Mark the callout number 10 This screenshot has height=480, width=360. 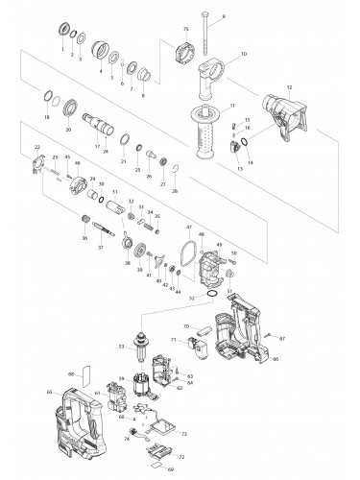244,54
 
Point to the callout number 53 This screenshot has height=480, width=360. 121,347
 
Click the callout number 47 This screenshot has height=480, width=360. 190,228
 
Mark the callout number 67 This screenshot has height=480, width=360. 283,339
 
